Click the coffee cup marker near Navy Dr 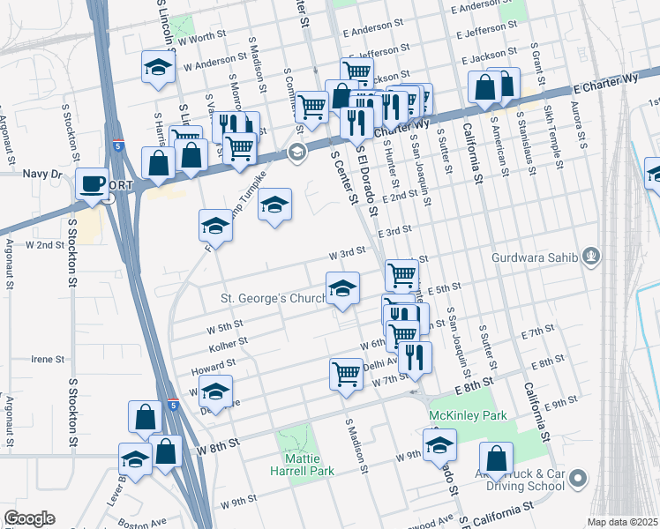[92, 183]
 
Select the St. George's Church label [274, 299]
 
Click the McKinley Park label [468, 414]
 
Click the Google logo [30, 518]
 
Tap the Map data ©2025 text [622, 522]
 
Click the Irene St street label [49, 360]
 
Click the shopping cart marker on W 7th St [346, 374]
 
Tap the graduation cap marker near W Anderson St [157, 68]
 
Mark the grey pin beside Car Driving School [578, 479]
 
